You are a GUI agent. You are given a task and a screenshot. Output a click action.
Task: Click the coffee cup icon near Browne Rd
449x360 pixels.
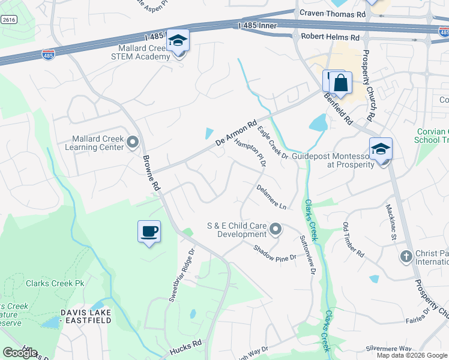point(149,231)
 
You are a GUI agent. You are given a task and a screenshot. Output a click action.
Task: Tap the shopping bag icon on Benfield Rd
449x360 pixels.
point(340,83)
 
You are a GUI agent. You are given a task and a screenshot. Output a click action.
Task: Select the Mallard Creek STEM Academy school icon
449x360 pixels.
point(178,41)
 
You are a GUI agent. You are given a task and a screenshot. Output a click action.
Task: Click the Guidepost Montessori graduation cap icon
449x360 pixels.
point(381,149)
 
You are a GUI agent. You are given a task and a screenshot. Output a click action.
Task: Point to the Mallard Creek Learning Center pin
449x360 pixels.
point(133,142)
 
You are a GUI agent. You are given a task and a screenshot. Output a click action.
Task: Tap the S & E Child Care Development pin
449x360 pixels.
point(276,229)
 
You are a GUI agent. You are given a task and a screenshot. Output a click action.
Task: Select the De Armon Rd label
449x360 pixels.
point(235,132)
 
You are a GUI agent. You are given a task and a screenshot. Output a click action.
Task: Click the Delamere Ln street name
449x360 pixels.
point(271,196)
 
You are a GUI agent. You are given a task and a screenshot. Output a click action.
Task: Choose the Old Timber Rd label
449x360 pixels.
point(353,240)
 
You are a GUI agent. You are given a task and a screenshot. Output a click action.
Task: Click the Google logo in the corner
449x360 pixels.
point(20,353)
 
